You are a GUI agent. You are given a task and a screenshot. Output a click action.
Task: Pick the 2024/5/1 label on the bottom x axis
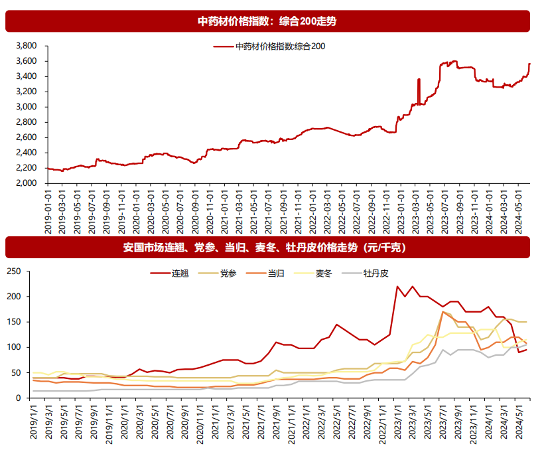(521, 421)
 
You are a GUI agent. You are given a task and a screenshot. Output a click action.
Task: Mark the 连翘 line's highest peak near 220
(397, 287)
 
